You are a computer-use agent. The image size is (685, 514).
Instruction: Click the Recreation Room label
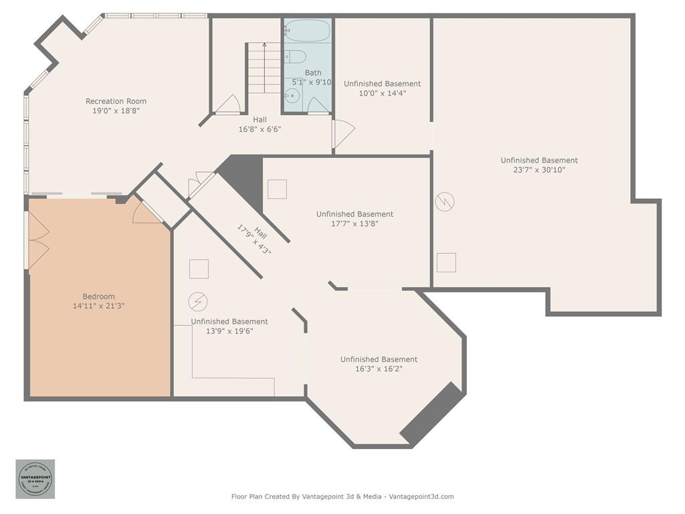tap(116, 101)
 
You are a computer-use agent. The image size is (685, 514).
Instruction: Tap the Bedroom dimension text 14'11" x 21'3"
tap(98, 306)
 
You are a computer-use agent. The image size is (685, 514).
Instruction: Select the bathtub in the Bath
tap(307, 31)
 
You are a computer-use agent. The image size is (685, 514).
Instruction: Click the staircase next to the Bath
tap(264, 68)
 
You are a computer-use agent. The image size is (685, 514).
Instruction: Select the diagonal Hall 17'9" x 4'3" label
tap(254, 240)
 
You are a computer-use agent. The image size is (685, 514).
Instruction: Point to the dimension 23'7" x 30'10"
tap(539, 170)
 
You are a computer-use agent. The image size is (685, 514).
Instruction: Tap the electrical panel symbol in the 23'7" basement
tap(445, 201)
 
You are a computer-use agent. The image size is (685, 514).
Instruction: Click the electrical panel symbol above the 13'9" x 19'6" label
tap(197, 302)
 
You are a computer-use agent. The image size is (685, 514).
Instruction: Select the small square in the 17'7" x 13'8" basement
tap(277, 189)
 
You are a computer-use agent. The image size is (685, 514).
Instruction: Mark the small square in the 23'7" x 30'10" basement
tap(446, 262)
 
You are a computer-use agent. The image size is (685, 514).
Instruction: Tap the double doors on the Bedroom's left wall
tap(37, 240)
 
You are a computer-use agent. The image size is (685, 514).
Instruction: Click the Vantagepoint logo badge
tap(35, 479)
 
